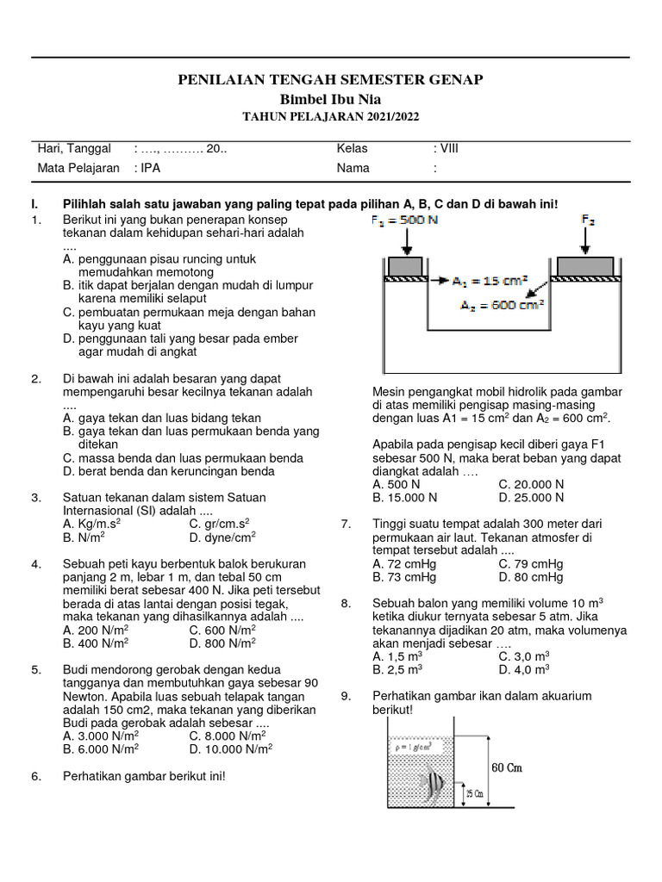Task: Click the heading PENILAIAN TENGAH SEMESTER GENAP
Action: tap(330, 80)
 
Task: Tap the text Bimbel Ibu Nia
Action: tap(330, 99)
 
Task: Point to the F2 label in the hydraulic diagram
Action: tap(588, 220)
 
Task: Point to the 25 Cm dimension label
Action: tap(473, 792)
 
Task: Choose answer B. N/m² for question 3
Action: tap(84, 537)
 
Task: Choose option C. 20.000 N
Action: tap(531, 485)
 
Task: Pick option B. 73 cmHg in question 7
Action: tap(404, 577)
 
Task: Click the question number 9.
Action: tap(346, 696)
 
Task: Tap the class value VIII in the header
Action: tap(449, 149)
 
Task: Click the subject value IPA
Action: tap(151, 169)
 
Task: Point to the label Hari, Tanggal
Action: tap(74, 149)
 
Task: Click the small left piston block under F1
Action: tap(405, 266)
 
